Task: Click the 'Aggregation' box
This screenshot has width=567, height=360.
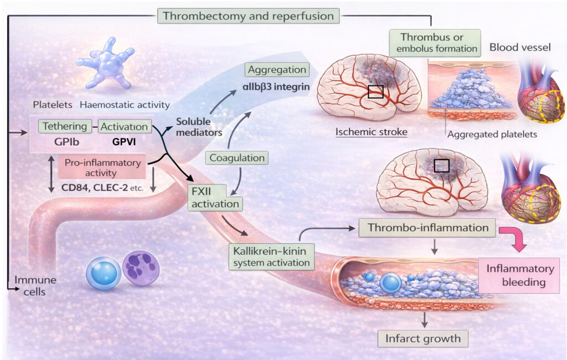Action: (277, 70)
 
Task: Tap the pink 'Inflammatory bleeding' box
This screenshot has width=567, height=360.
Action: (519, 275)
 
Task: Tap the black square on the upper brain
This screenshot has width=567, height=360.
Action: (375, 91)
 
